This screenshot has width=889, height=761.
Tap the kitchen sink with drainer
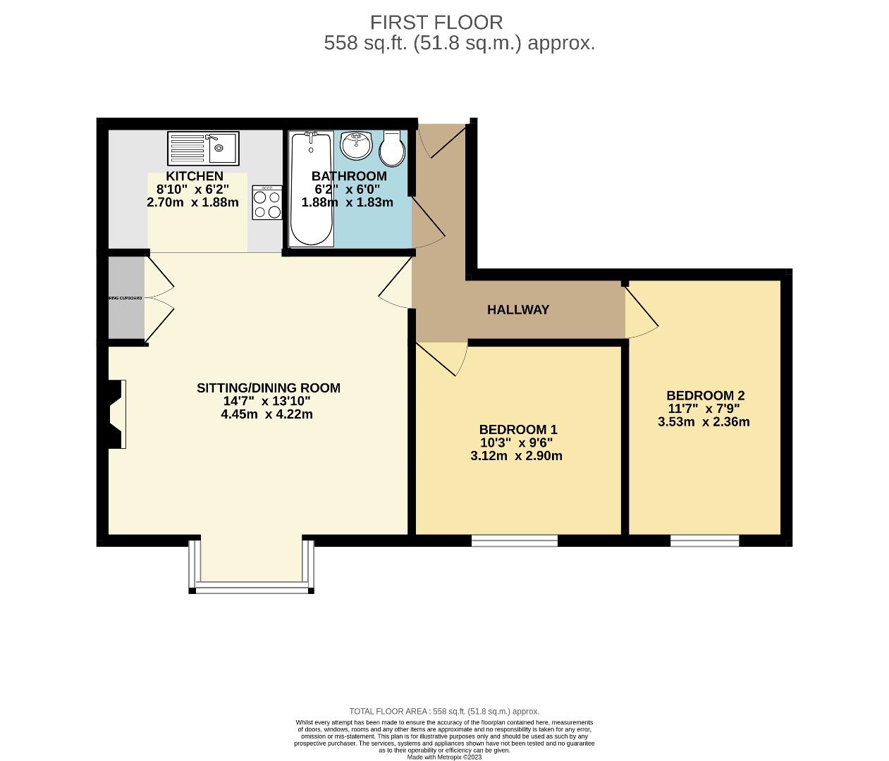[203, 148]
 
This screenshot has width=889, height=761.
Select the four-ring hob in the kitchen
[267, 203]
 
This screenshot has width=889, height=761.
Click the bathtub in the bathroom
[311, 189]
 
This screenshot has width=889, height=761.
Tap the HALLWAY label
[518, 309]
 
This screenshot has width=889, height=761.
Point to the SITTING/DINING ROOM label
[268, 388]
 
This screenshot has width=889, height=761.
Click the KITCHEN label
[195, 176]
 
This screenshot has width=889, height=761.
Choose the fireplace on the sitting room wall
[115, 414]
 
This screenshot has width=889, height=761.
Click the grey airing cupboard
[125, 298]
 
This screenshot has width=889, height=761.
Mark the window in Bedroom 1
[515, 540]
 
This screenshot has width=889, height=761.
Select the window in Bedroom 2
[704, 540]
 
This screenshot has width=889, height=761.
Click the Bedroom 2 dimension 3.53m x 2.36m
[704, 422]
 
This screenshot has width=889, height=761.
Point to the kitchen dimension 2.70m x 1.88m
[192, 202]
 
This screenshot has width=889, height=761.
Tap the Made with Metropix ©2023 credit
[444, 757]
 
